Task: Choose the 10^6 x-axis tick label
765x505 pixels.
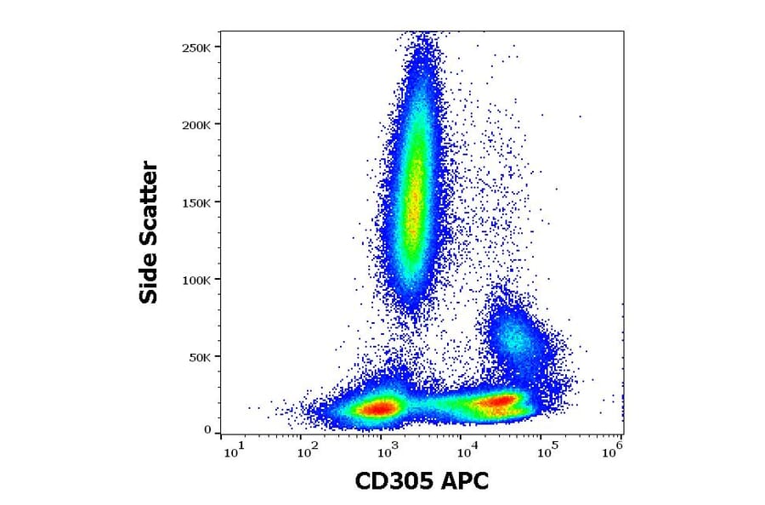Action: coord(615,448)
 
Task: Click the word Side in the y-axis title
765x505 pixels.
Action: coord(149,277)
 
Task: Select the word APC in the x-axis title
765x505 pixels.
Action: coord(467,482)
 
